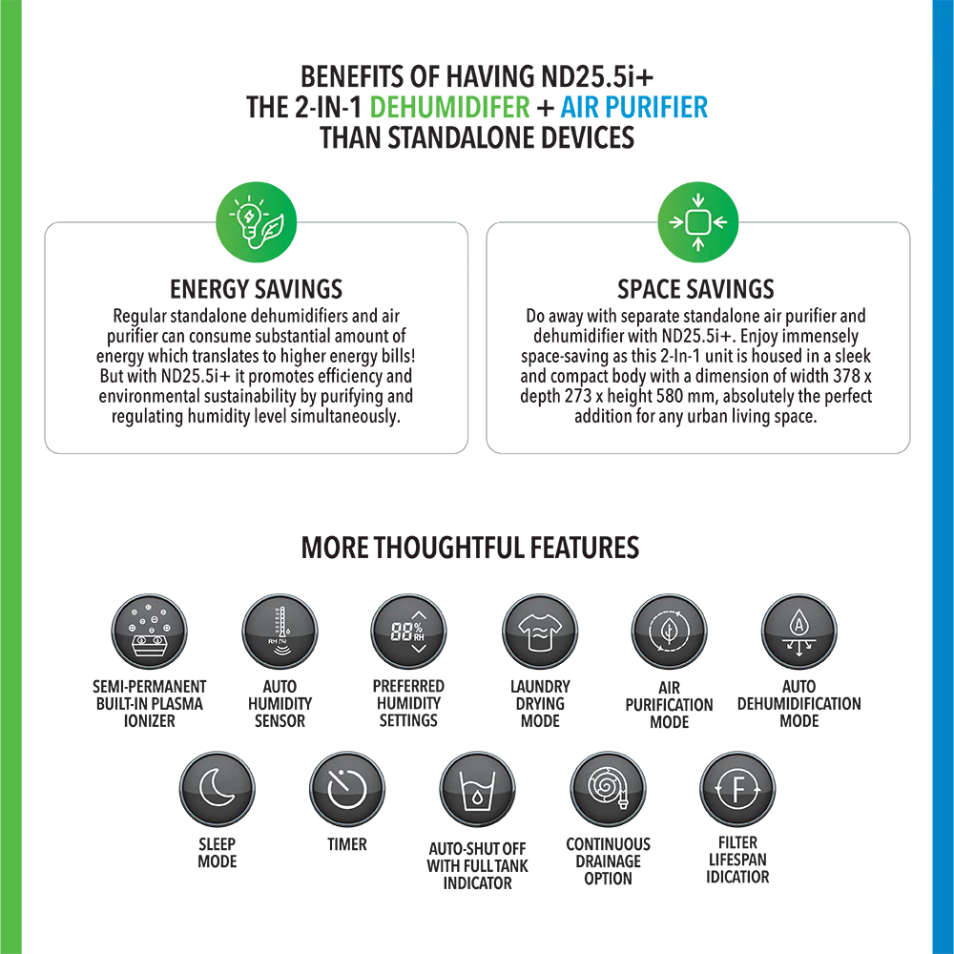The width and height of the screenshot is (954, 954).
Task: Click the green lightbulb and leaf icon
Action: [256, 222]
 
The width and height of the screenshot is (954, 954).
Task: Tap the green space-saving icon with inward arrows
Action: [698, 222]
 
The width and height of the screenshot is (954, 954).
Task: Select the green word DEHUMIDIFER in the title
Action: [449, 107]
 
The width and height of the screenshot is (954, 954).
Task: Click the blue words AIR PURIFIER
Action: [633, 107]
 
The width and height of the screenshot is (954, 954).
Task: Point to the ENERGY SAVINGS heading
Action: [256, 289]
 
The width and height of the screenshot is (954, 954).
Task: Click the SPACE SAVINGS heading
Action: [695, 289]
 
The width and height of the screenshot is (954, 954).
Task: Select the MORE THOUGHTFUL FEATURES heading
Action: [470, 548]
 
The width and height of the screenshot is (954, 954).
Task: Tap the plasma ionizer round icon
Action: [149, 632]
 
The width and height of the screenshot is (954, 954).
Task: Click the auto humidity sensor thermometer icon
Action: [280, 632]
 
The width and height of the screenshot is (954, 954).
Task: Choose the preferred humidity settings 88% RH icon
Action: [409, 632]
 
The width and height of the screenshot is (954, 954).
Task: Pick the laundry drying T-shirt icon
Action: [540, 632]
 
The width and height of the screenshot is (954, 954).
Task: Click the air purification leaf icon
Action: [670, 632]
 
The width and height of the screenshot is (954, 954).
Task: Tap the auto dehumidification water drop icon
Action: [798, 632]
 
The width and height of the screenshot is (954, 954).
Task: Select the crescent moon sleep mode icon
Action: [218, 789]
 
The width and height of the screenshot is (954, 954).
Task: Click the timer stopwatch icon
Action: [347, 789]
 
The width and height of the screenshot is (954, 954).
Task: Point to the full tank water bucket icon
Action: [478, 789]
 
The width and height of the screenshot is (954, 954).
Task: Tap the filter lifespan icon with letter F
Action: [737, 789]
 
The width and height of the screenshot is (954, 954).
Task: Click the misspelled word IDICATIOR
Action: [737, 877]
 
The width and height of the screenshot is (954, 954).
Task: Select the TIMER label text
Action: [347, 844]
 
